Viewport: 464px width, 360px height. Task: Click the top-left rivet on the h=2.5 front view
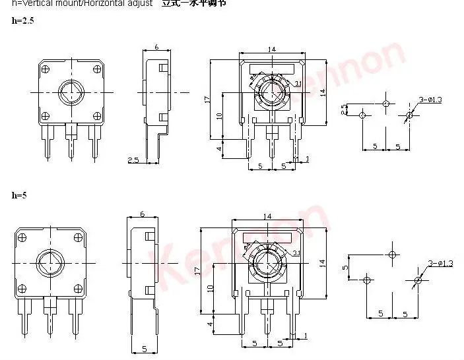pyautogui.click(x=45, y=68)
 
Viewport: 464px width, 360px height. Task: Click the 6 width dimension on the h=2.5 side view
pyautogui.click(x=156, y=47)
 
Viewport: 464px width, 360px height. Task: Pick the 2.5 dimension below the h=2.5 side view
pyautogui.click(x=133, y=160)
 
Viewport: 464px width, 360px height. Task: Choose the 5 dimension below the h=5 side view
pyautogui.click(x=144, y=347)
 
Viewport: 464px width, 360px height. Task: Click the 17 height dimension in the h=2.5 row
pyautogui.click(x=207, y=99)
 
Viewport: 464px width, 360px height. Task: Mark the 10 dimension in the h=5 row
pyautogui.click(x=210, y=288)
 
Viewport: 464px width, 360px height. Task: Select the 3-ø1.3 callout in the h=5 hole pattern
pyautogui.click(x=440, y=264)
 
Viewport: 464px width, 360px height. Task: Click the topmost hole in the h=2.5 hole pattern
pyautogui.click(x=386, y=104)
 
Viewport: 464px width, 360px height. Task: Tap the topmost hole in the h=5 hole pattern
pyautogui.click(x=393, y=255)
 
